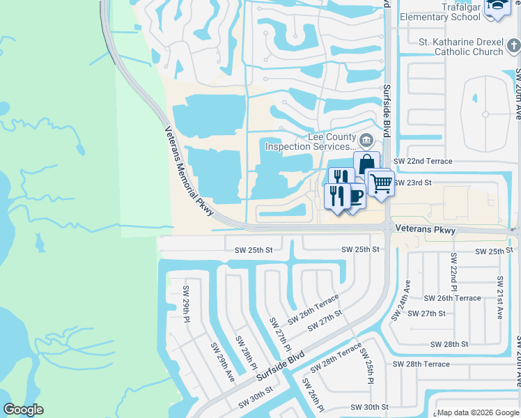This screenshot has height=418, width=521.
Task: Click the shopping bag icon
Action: coord(366,164)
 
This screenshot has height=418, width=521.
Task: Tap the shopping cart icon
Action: coord(380,183)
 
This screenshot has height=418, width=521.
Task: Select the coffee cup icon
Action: coord(355,196)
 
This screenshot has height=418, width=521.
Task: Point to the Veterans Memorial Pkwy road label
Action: coord(189,171)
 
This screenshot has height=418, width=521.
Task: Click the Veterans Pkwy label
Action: coord(425,229)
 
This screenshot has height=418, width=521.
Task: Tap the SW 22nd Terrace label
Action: coord(423,161)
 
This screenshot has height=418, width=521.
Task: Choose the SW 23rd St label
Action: coord(413,183)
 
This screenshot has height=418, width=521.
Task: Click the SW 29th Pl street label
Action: coord(186,304)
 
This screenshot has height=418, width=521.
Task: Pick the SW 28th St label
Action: coord(449,344)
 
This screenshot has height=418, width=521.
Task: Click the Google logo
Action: coord(23,409)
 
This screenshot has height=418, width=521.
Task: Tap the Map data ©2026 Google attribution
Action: coord(477,412)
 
